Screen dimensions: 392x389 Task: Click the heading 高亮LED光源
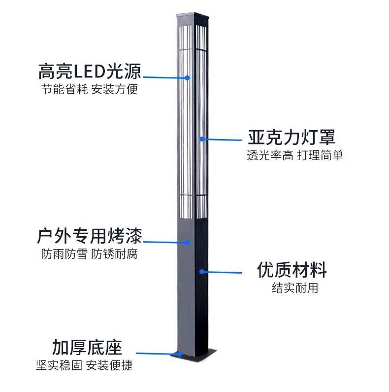click(90, 72)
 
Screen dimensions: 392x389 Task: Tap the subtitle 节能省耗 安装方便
click(90, 90)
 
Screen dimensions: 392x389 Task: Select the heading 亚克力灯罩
click(292, 137)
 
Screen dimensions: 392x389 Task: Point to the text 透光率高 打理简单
click(295, 155)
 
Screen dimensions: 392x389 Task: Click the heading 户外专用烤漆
click(90, 237)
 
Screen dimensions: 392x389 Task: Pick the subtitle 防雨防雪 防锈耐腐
click(90, 255)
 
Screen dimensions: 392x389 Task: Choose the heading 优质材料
click(292, 270)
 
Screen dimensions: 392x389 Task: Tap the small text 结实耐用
click(295, 288)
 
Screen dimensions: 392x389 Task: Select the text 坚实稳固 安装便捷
click(84, 365)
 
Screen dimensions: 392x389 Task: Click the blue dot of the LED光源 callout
click(187, 77)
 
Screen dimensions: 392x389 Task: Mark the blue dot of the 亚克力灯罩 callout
click(202, 139)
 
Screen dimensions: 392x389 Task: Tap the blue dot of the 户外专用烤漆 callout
click(187, 242)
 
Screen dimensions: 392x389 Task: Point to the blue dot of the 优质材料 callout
click(202, 272)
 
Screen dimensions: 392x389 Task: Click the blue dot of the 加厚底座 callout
click(180, 354)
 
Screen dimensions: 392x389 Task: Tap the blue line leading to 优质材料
click(222, 272)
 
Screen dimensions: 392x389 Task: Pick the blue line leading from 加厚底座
click(158, 354)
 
